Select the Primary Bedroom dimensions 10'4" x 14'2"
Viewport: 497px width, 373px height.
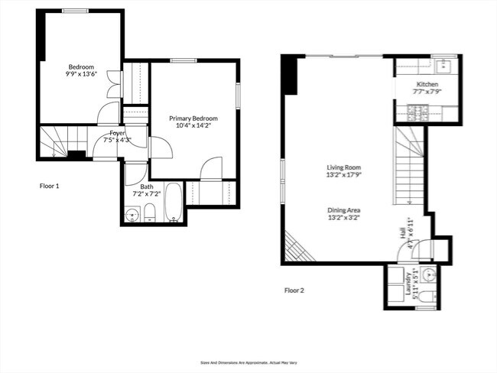pos(193,126)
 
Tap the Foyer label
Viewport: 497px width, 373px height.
pos(117,133)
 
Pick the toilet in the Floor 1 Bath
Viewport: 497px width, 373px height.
pos(151,212)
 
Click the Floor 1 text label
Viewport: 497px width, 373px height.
pos(49,186)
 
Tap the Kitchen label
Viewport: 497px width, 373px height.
pos(427,84)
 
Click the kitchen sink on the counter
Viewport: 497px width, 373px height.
pos(444,66)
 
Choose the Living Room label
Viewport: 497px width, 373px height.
pos(344,167)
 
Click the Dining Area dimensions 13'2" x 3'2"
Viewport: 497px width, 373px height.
pos(344,217)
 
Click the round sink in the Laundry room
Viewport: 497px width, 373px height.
pos(429,274)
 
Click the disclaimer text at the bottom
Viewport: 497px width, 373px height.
pos(248,363)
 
